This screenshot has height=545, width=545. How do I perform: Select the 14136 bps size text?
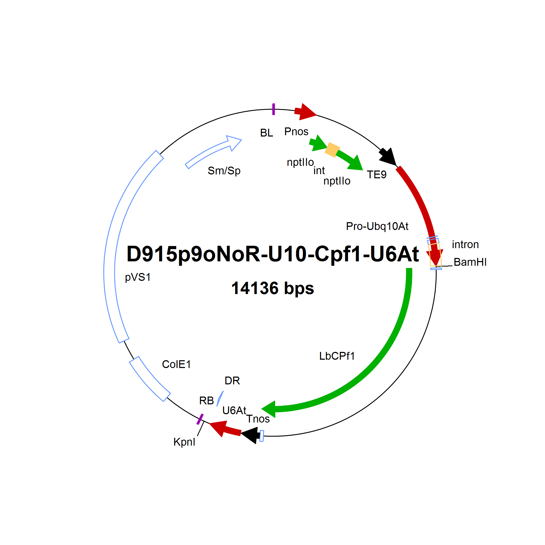[x=272, y=288]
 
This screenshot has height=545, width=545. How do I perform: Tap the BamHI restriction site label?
[x=470, y=262]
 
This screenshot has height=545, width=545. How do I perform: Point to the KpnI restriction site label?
[x=184, y=442]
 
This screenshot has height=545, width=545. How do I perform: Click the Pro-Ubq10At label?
[x=377, y=226]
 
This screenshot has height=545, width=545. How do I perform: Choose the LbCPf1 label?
[x=337, y=356]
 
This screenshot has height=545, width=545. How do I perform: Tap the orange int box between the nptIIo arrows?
[x=332, y=150]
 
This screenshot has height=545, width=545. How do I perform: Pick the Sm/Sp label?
[x=224, y=171]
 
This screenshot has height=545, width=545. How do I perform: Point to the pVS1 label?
[x=138, y=277]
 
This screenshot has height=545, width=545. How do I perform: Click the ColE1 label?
[x=176, y=364]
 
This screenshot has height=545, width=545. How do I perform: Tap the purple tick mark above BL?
[x=273, y=109]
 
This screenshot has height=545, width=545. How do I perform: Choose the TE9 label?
[x=377, y=175]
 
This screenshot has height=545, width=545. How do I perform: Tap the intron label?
[x=465, y=244]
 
